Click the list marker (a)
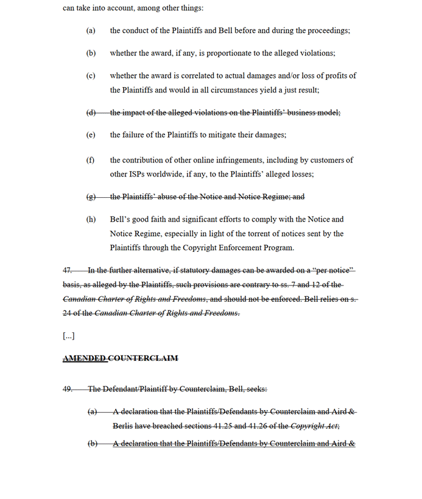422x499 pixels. tap(91, 30)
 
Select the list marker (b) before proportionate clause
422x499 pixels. tap(91, 53)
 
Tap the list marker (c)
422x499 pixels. tap(91, 76)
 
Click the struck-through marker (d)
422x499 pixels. tap(91, 113)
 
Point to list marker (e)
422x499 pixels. tap(91, 135)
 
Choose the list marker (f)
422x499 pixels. tap(91, 160)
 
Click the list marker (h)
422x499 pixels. tap(91, 219)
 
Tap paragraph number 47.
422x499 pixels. tap(68, 270)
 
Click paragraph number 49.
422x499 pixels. tap(68, 389)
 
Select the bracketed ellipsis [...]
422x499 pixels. tap(69, 335)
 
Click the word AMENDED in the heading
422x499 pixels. tap(84, 358)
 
